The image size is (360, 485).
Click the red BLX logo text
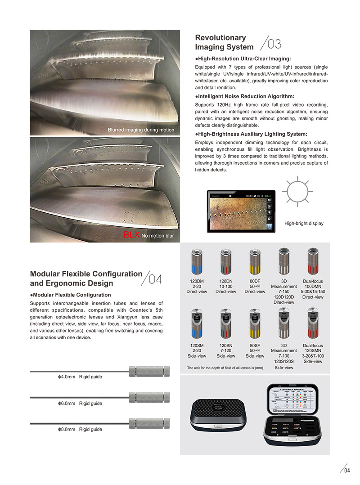[132, 235]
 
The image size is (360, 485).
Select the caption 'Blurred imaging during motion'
[140, 130]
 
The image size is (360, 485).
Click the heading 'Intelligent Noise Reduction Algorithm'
[245, 96]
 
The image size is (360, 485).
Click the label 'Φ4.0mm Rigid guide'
[80, 377]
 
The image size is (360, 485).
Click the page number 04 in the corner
[346, 471]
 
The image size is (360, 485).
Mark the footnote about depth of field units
[225, 368]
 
